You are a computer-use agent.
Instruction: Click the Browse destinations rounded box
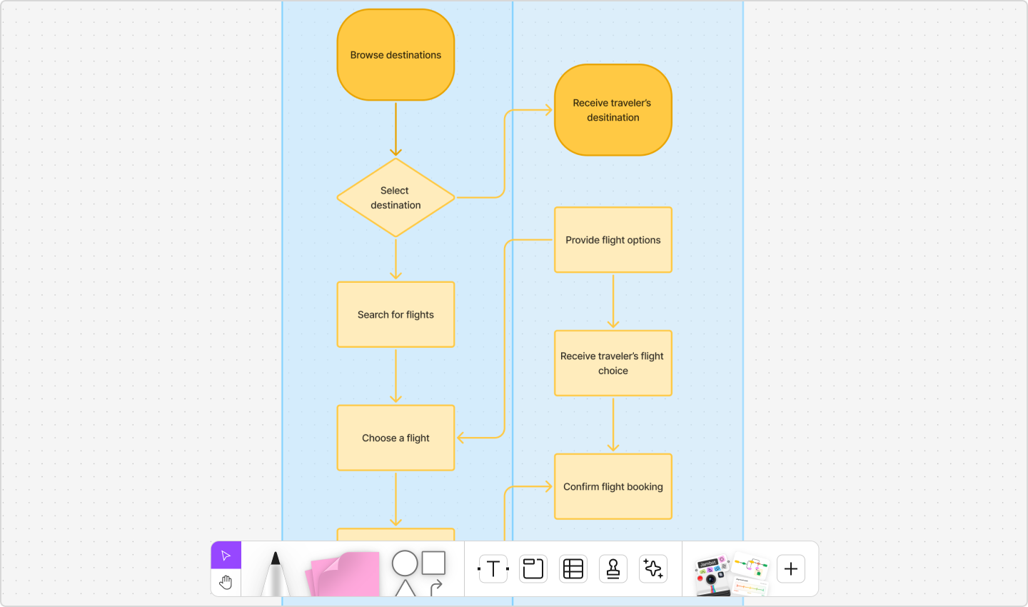(395, 55)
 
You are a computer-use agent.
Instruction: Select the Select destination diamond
(395, 198)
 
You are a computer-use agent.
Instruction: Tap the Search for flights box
(395, 315)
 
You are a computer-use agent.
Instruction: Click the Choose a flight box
(395, 438)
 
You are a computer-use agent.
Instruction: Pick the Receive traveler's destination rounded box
(613, 110)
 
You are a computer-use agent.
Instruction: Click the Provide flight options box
(613, 240)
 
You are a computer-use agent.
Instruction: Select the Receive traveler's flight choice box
(613, 363)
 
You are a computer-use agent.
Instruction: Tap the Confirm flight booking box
(613, 486)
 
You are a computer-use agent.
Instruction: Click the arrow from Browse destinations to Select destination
(395, 129)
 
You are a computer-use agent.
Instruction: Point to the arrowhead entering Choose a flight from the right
(461, 438)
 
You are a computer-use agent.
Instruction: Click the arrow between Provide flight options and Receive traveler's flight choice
(613, 301)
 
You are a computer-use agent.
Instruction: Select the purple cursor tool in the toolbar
(226, 556)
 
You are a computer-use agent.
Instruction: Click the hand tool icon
(226, 583)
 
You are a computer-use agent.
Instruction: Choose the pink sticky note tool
(343, 575)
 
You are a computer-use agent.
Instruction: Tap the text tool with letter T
(493, 569)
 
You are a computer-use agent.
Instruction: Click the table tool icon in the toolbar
(573, 569)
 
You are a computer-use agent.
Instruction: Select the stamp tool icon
(613, 569)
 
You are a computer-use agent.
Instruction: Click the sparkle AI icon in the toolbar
(653, 569)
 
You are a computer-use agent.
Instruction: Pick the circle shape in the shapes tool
(404, 563)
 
